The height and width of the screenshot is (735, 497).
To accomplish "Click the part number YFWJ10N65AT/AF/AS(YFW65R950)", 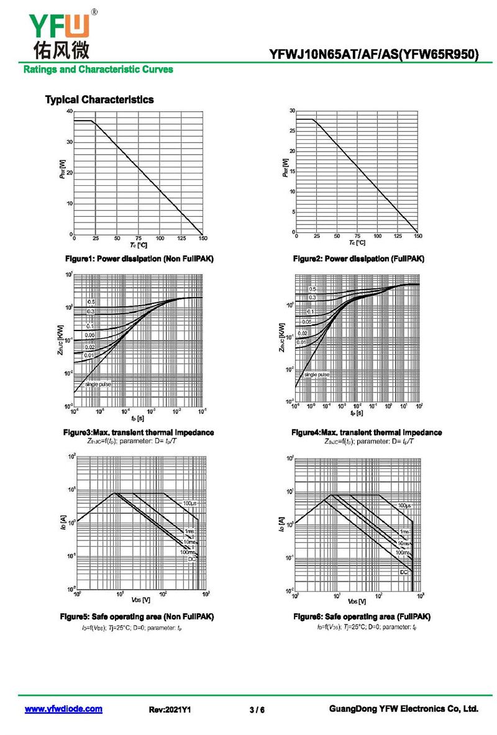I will click(x=374, y=55).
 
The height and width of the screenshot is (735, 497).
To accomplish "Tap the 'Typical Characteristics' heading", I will click(x=99, y=99).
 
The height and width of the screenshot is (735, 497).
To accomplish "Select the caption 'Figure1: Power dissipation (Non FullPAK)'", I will click(x=140, y=258).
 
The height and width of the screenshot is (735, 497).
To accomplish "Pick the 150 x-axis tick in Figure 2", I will click(x=417, y=237).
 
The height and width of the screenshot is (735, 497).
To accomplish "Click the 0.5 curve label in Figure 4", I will click(x=312, y=290).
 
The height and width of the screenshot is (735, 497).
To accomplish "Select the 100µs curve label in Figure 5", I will click(x=190, y=503).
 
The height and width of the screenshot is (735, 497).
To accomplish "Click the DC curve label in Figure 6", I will click(x=404, y=572).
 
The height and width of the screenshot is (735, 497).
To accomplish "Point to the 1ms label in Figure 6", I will click(x=404, y=532).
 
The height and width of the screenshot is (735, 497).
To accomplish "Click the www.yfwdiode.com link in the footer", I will click(x=63, y=709).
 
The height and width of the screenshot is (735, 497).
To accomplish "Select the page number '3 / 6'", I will click(x=257, y=710).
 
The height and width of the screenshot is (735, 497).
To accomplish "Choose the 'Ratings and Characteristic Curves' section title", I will click(x=98, y=69).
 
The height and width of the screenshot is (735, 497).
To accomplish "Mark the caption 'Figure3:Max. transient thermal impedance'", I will click(x=139, y=432).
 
